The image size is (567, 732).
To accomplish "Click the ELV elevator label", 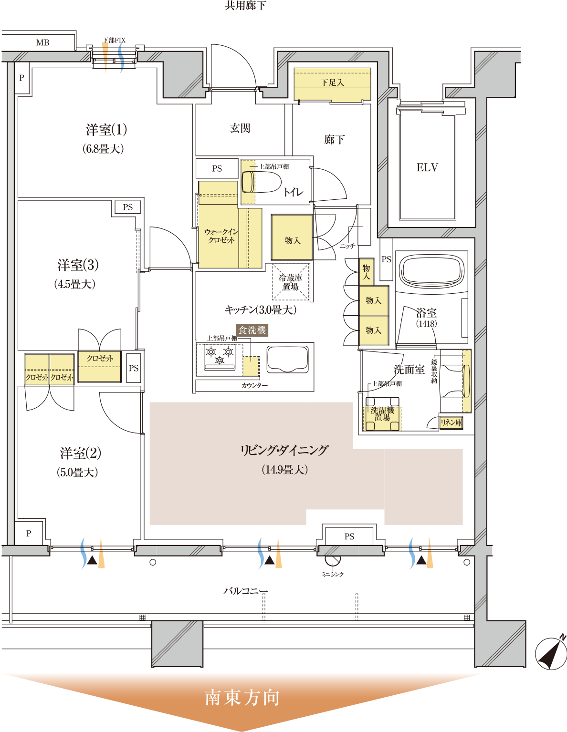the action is click(427, 167).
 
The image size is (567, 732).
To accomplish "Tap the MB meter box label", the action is click(43, 43).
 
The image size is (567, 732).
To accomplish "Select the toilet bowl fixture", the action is click(262, 182).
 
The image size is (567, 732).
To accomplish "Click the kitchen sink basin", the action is click(287, 359).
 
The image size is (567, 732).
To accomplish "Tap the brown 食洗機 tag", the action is click(252, 330).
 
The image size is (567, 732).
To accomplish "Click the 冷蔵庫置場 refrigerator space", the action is click(291, 282).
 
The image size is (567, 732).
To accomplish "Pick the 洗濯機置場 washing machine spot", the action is click(382, 414).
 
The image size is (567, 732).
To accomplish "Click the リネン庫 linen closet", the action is click(451, 423).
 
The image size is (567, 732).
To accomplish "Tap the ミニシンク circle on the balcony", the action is click(333, 560).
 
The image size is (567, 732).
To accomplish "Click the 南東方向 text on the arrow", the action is click(242, 698).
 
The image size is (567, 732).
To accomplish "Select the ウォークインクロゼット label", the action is click(221, 236).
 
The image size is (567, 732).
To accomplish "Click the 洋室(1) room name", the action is click(106, 130).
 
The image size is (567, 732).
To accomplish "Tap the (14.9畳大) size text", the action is click(285, 470).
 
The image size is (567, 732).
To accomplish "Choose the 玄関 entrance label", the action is click(240, 128).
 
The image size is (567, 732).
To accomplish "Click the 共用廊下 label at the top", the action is click(245, 5).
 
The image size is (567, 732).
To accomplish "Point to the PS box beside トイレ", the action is click(217, 168).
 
